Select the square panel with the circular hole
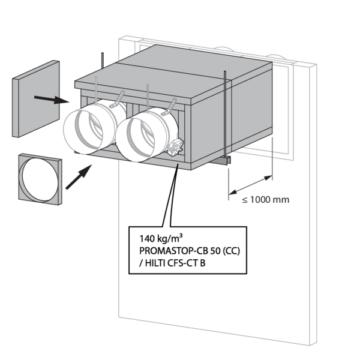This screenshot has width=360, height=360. pos(39,179)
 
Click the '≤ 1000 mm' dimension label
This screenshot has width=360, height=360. pos(265,199)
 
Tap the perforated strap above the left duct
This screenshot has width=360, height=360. pos(120,97)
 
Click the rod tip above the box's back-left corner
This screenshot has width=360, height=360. pos(103,58)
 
